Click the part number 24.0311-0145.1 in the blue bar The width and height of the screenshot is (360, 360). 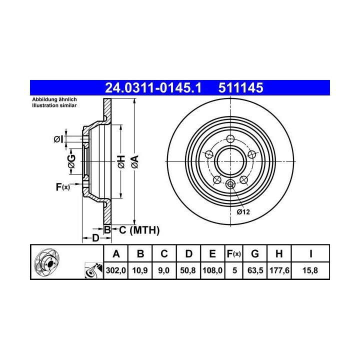[153, 88]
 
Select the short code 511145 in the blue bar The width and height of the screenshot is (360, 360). [240, 88]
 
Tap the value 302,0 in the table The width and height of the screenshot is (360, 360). [116, 270]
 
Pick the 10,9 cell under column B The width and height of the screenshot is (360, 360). [140, 270]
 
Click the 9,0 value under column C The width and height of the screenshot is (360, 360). [164, 270]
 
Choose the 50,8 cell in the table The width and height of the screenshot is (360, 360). [188, 270]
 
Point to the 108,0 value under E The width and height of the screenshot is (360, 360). [212, 270]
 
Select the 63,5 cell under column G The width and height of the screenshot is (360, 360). [255, 270]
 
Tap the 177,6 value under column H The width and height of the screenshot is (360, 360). [279, 270]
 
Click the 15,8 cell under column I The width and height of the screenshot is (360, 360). [310, 270]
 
